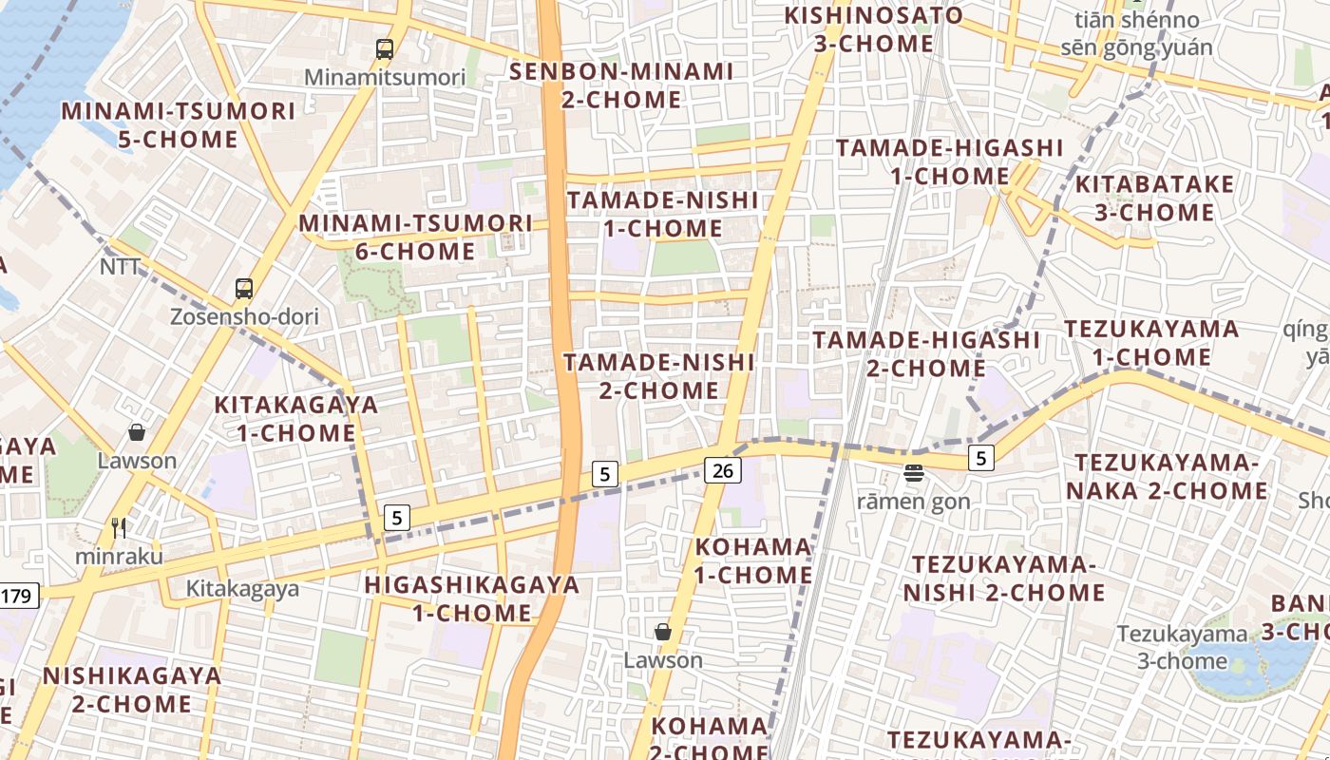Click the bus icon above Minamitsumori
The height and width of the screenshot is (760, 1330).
coord(384,49)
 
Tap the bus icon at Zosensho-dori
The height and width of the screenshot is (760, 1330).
coord(244,289)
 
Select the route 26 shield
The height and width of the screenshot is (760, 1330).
coord(723,469)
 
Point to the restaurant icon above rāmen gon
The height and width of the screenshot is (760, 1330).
coord(914,472)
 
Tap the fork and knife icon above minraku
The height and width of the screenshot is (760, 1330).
coord(119,528)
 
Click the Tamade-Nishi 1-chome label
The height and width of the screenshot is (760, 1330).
coord(663,215)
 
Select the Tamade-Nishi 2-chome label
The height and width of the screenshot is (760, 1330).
coord(659,376)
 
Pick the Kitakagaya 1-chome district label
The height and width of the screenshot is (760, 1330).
coord(295,419)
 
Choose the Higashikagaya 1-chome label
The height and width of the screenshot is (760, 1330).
coord(472,598)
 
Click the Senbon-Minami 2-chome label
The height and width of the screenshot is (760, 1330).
coord(621,85)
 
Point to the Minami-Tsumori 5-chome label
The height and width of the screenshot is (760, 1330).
coord(179,125)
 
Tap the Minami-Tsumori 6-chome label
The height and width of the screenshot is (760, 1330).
coord(416,237)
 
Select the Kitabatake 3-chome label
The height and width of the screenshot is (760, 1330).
coord(1154,198)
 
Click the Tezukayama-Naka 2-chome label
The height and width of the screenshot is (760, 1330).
coord(1167,477)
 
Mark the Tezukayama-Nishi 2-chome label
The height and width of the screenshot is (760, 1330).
coord(1004,579)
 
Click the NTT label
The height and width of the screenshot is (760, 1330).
coord(120,268)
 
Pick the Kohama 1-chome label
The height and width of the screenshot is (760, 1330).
coord(753,560)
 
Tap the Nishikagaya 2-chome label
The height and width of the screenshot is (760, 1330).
coord(132,691)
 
